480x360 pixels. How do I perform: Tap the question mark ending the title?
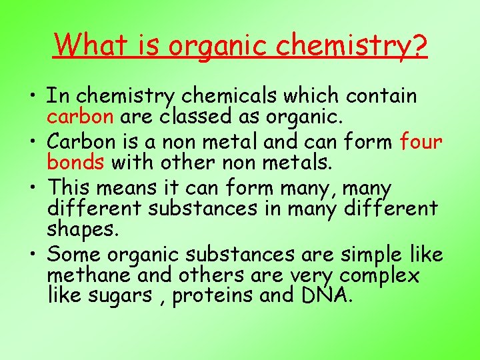(x=418, y=45)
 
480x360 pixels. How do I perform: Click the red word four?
(x=421, y=142)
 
